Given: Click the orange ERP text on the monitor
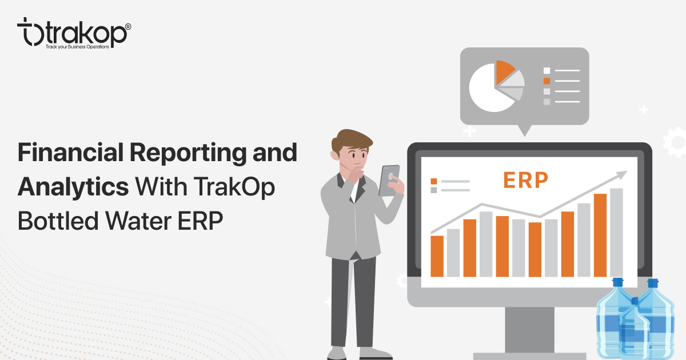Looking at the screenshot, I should [x=525, y=179].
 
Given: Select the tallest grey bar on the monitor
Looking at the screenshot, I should [x=616, y=232].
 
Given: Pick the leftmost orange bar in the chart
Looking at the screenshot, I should [x=437, y=255].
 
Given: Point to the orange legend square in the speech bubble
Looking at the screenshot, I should [x=547, y=81].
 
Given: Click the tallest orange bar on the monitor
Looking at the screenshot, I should [x=600, y=234].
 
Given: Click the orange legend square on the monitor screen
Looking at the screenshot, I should [x=434, y=181].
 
